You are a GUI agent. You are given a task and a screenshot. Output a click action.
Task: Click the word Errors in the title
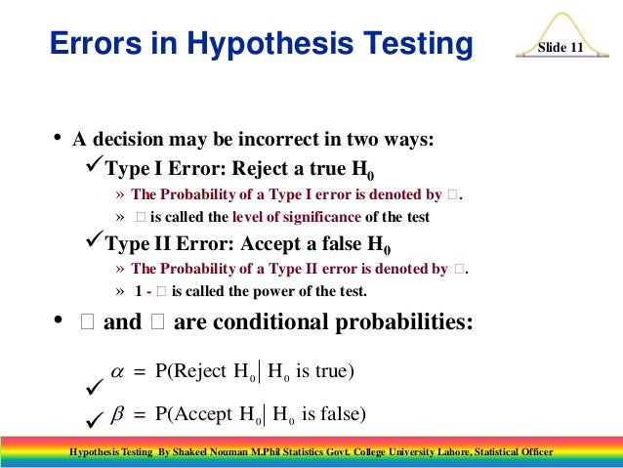point(91,44)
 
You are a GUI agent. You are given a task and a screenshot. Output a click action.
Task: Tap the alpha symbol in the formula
point(118,371)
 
